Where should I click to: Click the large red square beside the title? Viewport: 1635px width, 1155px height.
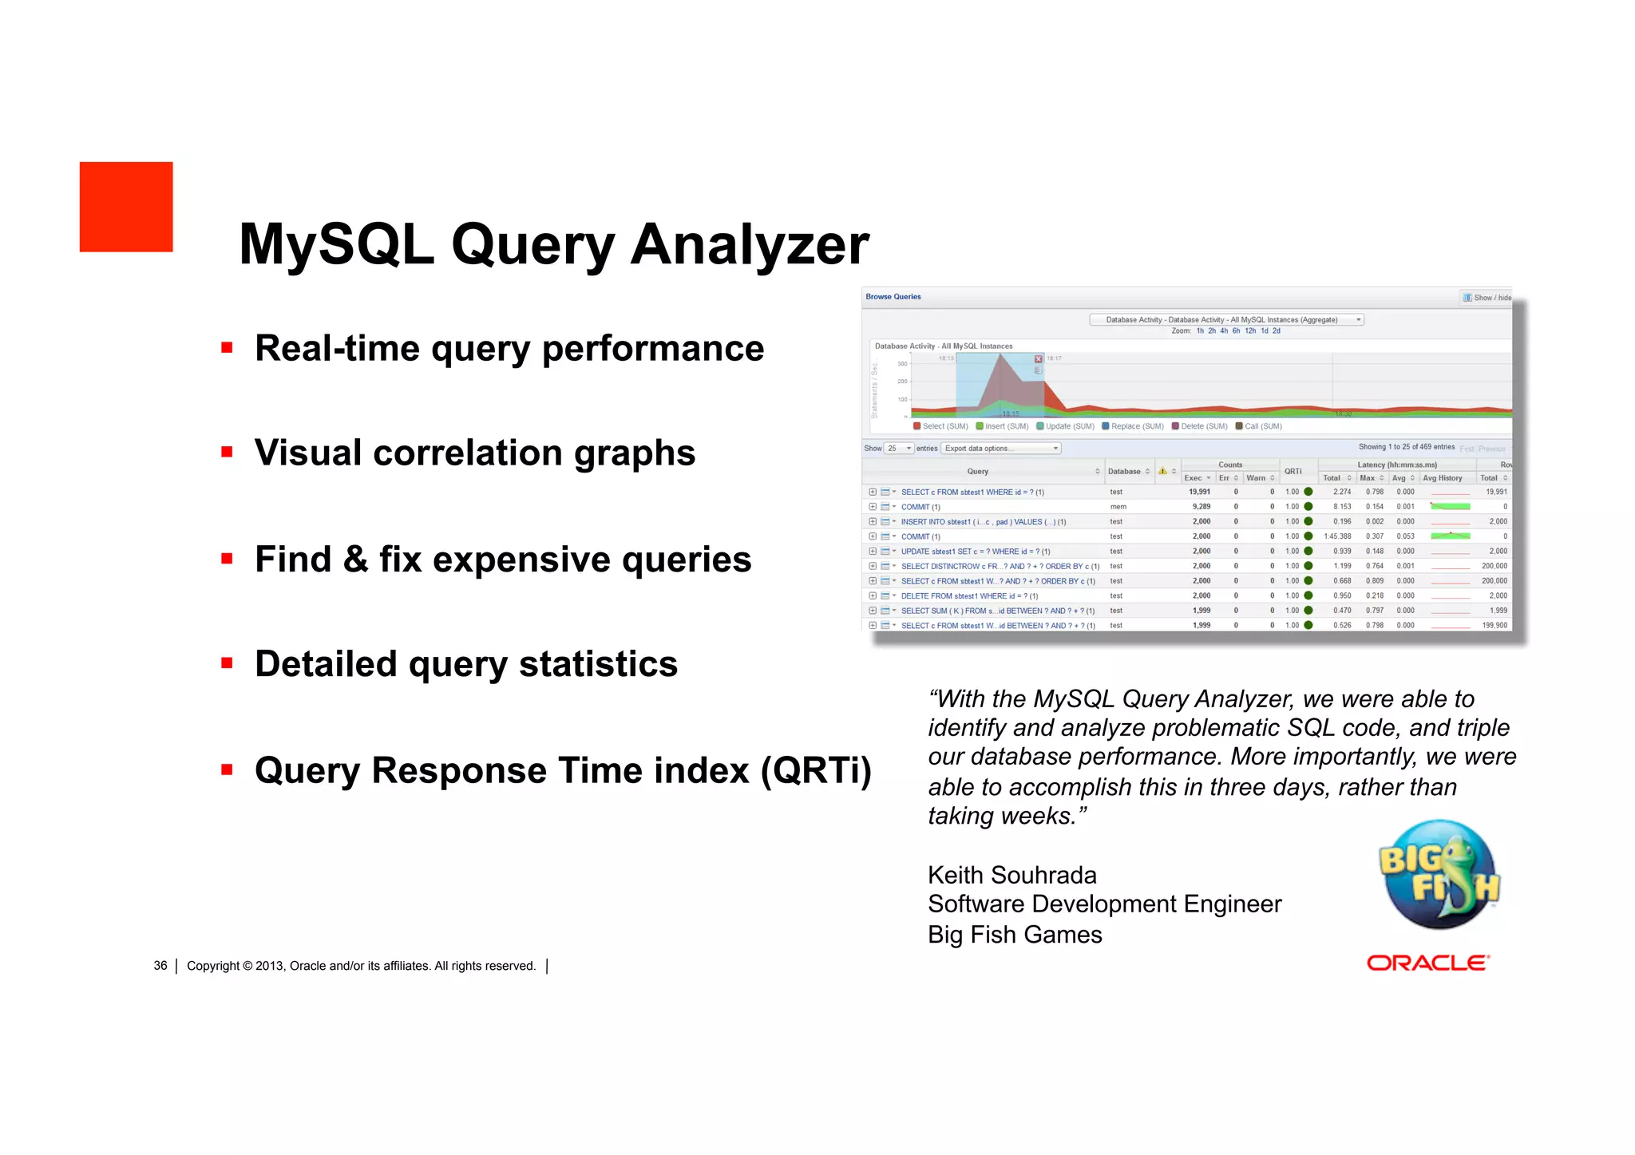coord(126,207)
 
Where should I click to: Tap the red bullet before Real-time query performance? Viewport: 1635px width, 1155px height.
coord(228,348)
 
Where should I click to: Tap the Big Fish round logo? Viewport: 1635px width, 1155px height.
coord(1439,874)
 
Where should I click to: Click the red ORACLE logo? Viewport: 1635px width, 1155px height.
coord(1427,963)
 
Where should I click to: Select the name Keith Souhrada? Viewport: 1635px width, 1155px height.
coord(1011,876)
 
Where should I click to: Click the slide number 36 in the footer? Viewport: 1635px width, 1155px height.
coord(160,966)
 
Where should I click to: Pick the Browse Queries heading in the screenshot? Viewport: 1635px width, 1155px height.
coord(893,297)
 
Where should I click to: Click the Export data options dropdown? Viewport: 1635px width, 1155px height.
coord(1001,449)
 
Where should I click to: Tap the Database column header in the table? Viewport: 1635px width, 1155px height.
coord(1124,472)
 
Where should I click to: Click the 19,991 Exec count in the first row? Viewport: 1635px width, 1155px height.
coord(1199,492)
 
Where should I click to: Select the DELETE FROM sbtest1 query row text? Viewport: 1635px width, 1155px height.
coord(968,596)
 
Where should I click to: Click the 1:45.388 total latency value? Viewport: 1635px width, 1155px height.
coord(1337,536)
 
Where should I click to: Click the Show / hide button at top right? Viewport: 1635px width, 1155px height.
coord(1487,298)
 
